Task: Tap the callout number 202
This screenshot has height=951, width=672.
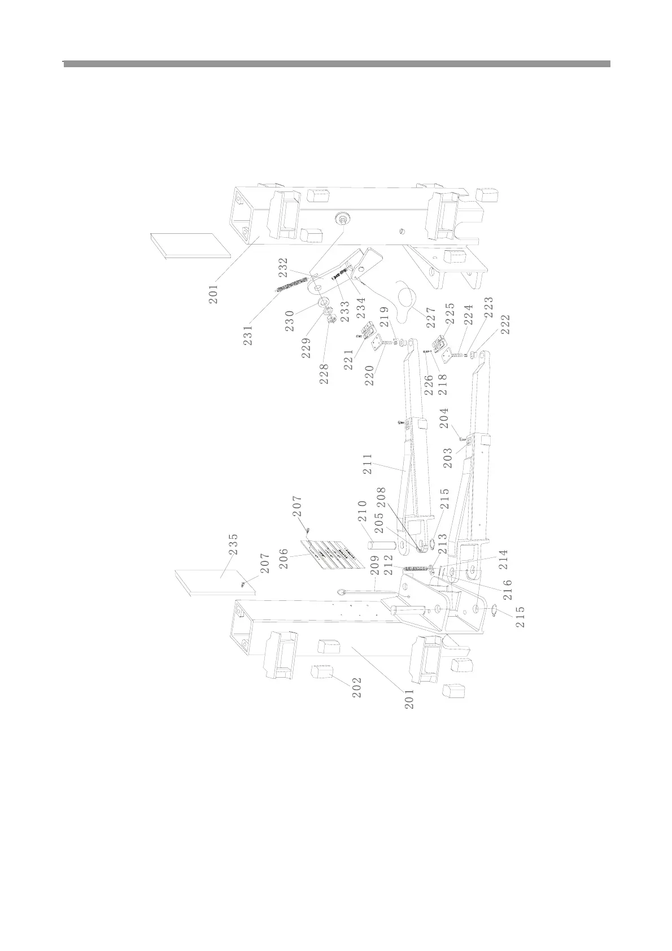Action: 357,687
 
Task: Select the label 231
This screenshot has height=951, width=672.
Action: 248,333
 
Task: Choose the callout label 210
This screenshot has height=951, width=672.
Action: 362,512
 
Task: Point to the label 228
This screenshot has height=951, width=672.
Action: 324,373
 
